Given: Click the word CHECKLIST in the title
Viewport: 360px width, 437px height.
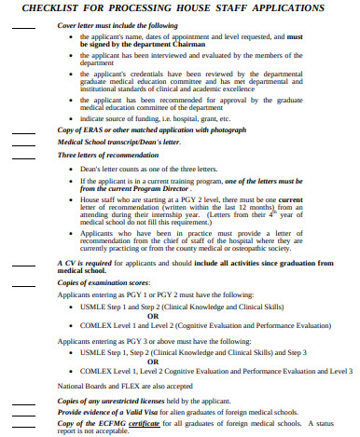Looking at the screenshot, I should click(44, 8).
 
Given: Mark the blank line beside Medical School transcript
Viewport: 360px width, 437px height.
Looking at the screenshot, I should click(23, 143).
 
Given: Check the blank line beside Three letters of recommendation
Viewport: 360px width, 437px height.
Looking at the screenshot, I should click(23, 156).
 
